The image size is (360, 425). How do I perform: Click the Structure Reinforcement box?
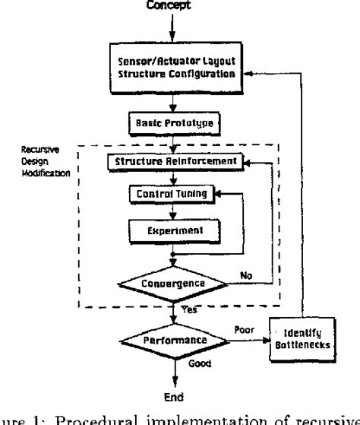tap(175, 162)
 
